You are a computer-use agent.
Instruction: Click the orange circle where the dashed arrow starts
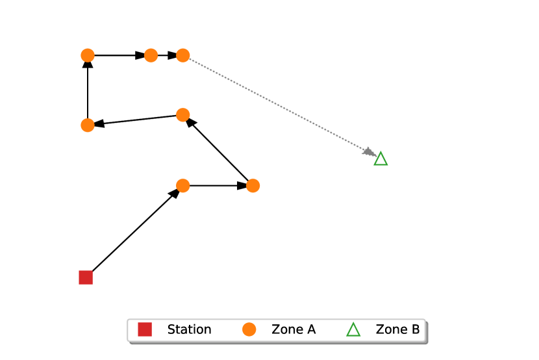click(183, 56)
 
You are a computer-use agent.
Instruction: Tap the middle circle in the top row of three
click(151, 56)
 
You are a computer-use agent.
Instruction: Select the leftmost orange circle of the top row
click(88, 56)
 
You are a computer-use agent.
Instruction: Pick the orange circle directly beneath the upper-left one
click(88, 125)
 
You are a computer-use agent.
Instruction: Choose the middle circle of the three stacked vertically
click(183, 115)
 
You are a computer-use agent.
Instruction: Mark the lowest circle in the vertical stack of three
click(183, 186)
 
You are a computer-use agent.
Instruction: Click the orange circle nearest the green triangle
click(253, 186)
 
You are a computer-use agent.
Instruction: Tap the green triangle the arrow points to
click(381, 159)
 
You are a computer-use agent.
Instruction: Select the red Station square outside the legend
click(86, 277)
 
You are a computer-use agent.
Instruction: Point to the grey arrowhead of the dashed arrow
click(370, 153)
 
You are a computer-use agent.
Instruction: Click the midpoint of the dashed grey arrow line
click(279, 106)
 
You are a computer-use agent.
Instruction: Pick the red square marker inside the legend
click(145, 329)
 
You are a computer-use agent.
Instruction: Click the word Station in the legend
click(189, 329)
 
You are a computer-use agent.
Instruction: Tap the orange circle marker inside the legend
click(249, 329)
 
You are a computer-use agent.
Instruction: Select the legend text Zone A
click(294, 329)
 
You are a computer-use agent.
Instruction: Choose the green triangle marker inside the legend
click(353, 329)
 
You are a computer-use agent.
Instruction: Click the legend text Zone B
click(397, 329)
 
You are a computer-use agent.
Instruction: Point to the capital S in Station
click(171, 329)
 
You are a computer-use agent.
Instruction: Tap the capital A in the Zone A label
click(311, 329)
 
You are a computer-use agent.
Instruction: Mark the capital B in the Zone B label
click(415, 329)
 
